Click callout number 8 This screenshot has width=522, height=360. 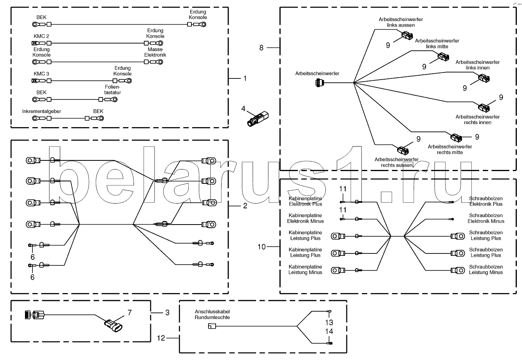point(261,48)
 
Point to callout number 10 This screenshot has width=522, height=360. point(261,247)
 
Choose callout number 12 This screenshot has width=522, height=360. point(161,338)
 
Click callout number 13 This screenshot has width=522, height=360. point(329,322)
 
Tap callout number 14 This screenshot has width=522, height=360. point(329,331)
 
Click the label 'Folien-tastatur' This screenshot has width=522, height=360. point(113,90)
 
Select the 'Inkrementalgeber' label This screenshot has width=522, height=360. point(42,112)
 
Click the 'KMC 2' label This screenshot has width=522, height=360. point(42,36)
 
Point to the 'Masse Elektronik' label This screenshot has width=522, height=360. point(155,52)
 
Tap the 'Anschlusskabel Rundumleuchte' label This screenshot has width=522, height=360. point(212,314)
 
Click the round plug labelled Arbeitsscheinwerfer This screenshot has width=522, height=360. point(319,83)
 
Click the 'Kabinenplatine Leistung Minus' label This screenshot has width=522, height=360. point(305,270)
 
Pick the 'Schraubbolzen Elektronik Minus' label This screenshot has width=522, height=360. point(486,218)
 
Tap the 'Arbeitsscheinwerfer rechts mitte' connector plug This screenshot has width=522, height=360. point(455,138)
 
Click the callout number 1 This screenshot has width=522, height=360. point(245,78)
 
